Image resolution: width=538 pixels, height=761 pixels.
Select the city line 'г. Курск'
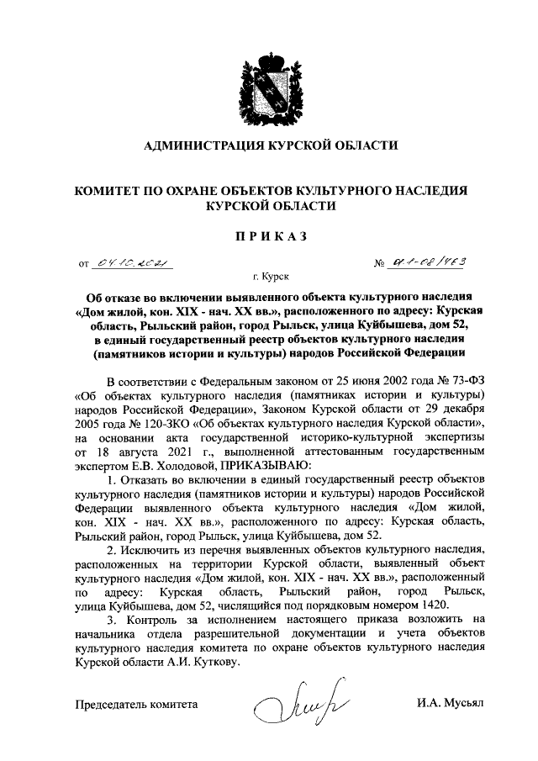point(270,276)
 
